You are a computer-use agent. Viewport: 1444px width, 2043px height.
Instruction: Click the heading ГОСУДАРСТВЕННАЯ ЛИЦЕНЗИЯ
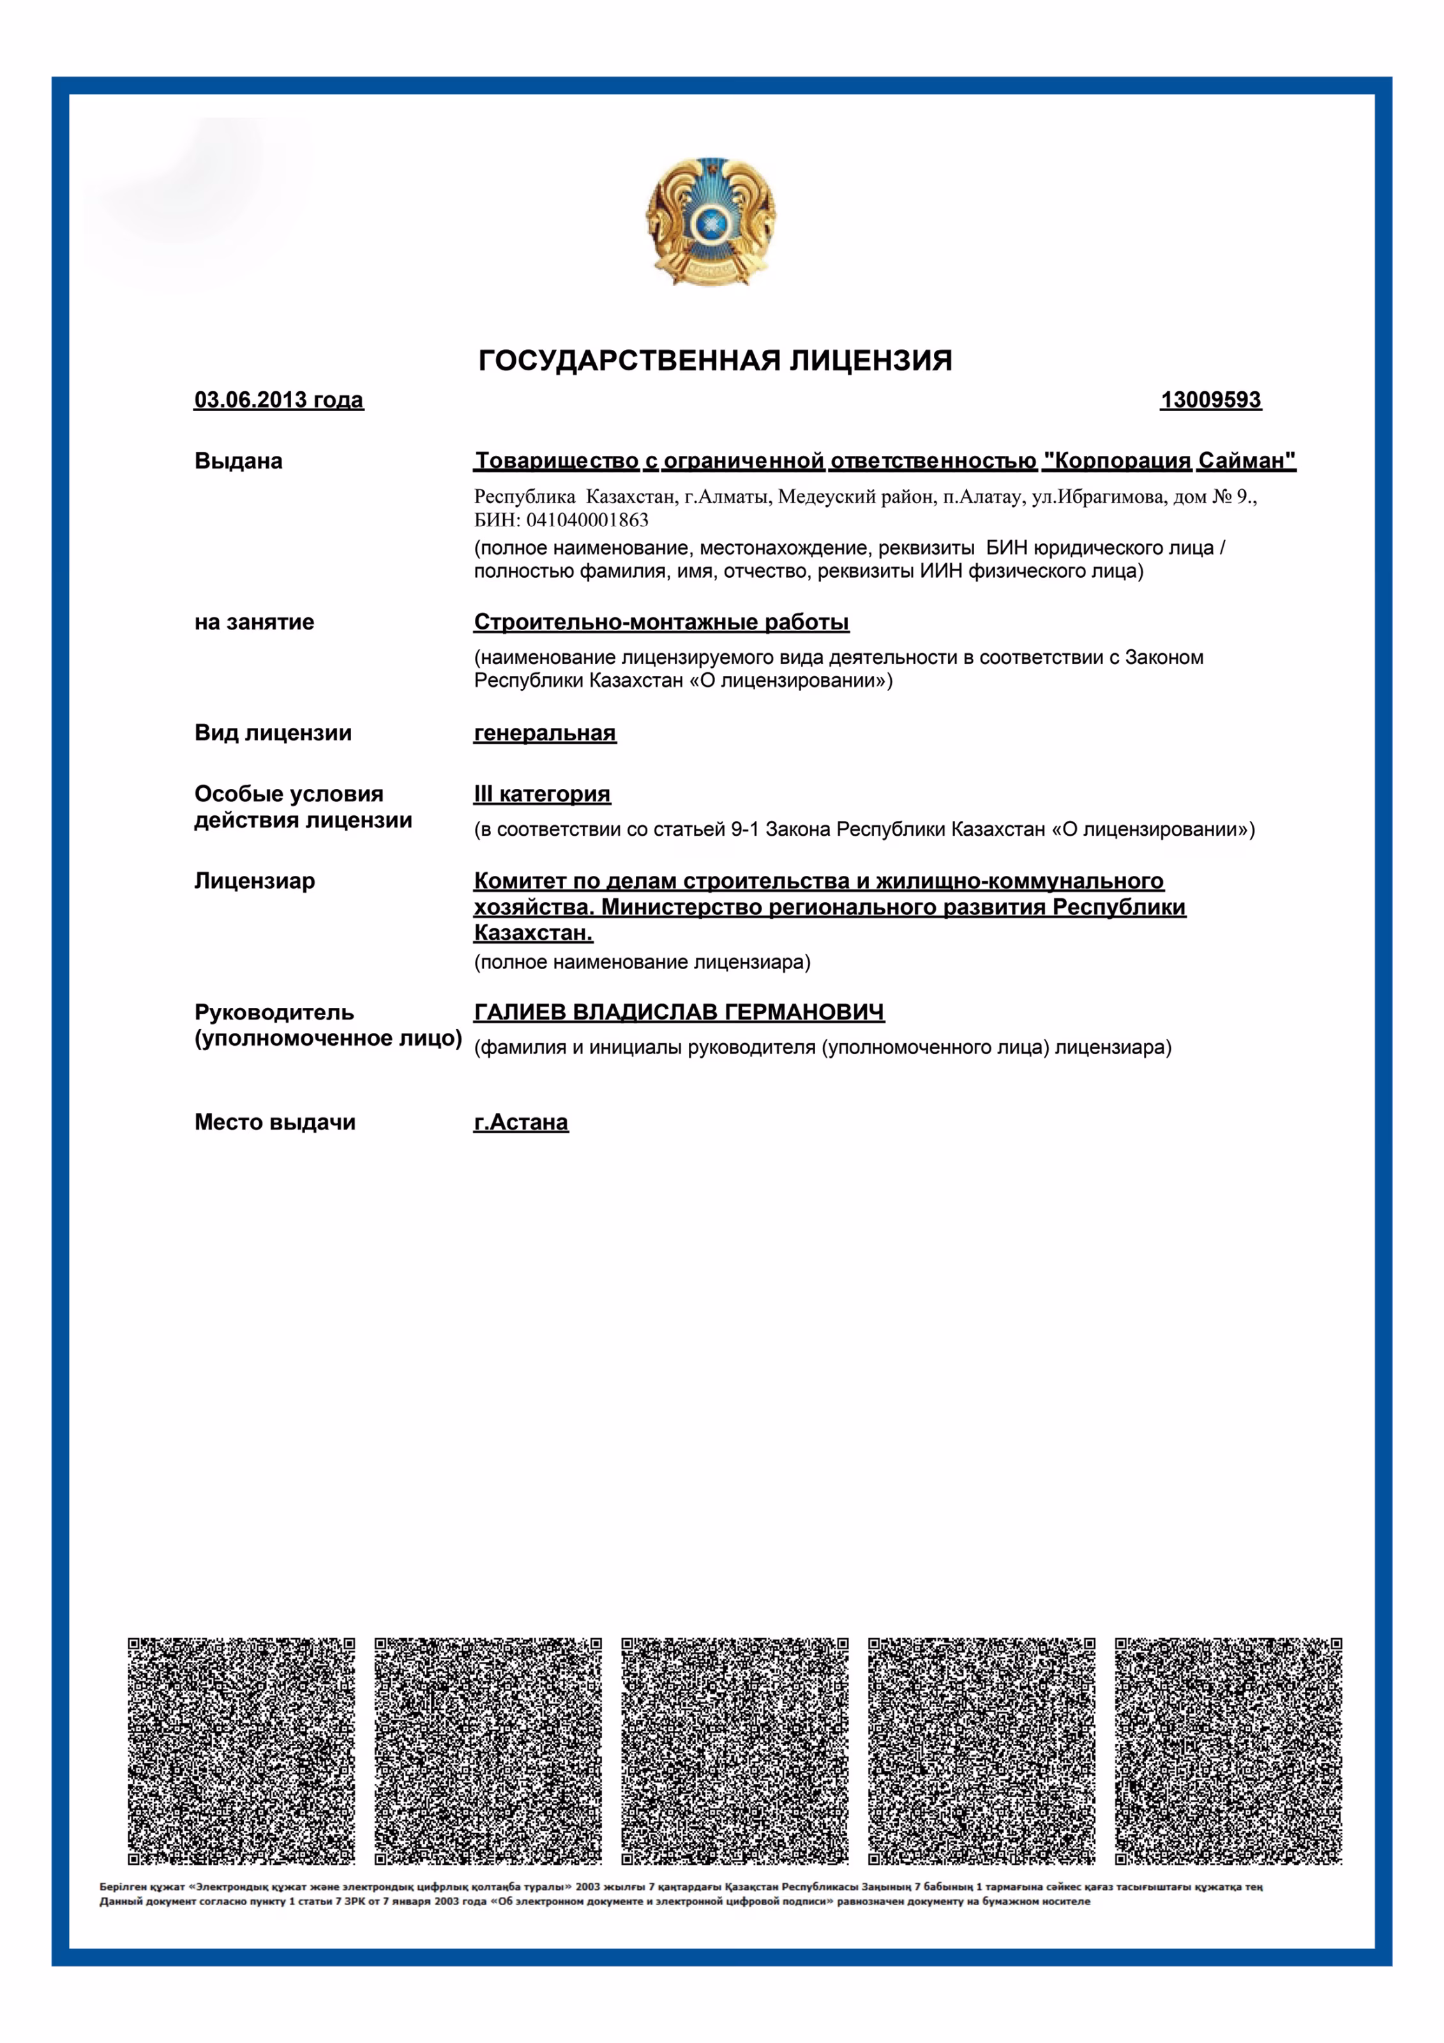716,360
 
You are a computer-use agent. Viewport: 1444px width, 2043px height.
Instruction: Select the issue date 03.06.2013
278,400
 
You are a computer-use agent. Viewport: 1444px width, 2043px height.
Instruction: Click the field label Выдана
239,461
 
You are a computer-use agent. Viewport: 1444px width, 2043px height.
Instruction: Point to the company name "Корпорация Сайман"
1169,461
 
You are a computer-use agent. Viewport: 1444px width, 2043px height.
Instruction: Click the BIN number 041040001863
587,520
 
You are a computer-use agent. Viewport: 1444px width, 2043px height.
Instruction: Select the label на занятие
255,622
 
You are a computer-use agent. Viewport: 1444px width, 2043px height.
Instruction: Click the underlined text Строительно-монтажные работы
661,622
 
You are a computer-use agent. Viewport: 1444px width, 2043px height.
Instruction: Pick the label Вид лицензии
273,733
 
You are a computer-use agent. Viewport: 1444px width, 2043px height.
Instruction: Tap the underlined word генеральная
545,733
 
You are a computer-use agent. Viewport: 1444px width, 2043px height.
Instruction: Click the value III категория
542,794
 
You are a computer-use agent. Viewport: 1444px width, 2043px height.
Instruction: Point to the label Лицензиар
255,881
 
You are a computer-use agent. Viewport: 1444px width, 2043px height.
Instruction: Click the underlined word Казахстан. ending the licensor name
533,933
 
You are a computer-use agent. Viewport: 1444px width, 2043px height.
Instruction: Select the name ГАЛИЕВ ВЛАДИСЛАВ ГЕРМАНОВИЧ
679,1013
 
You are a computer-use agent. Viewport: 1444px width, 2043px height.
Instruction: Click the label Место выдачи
275,1123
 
